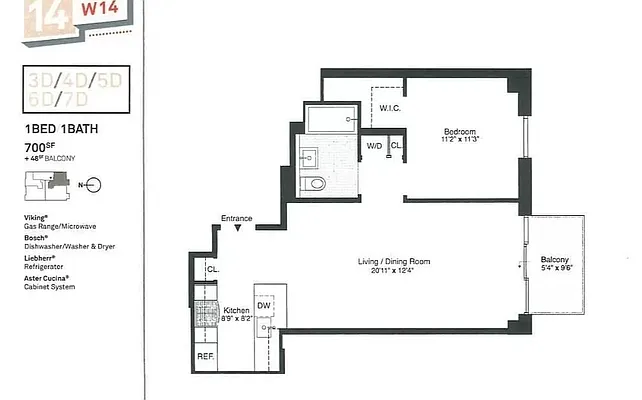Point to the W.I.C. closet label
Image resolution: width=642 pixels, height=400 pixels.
click(x=390, y=108)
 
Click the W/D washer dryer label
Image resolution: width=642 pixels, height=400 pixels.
click(x=374, y=146)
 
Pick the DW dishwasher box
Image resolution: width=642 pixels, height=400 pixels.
click(x=265, y=306)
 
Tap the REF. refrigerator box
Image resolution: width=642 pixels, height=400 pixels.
click(x=205, y=356)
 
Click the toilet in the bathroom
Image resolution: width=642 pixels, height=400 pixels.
click(x=315, y=184)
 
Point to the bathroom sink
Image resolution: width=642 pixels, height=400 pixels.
click(x=308, y=156)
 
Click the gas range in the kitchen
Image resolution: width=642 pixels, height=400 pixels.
click(x=206, y=315)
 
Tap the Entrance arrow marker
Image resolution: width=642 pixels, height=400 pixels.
click(x=237, y=228)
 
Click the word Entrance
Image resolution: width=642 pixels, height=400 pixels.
click(x=237, y=218)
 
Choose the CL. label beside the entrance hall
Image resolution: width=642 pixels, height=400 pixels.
click(x=212, y=269)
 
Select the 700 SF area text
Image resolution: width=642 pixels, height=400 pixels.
click(x=39, y=147)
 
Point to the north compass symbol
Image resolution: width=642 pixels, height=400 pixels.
click(x=93, y=184)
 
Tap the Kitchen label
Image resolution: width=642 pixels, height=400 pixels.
click(x=236, y=311)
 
